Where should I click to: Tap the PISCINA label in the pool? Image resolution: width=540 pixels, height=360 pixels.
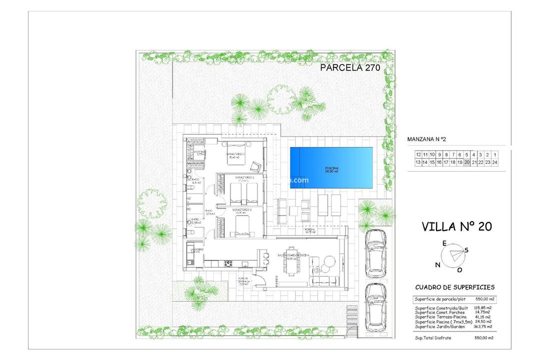tap(331, 169)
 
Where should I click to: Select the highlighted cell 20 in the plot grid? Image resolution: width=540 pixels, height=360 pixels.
tap(467, 162)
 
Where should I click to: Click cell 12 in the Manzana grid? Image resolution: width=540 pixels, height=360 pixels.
tap(418, 154)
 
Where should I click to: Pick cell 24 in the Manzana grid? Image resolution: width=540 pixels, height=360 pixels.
tap(494, 162)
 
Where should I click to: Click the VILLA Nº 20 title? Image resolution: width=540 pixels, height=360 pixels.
tap(456, 226)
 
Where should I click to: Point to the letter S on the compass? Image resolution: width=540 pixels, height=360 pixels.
tap(466, 250)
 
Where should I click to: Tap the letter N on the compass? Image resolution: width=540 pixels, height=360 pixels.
tap(438, 265)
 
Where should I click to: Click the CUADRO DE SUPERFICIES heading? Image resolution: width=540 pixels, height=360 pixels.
tap(455, 287)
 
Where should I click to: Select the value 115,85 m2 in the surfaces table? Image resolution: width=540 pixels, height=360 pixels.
tap(482, 308)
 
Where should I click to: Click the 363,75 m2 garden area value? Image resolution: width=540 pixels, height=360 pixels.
tap(482, 326)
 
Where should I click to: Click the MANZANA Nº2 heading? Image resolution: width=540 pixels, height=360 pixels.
tap(426, 139)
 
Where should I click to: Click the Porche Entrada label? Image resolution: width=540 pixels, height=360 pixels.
tap(243, 281)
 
